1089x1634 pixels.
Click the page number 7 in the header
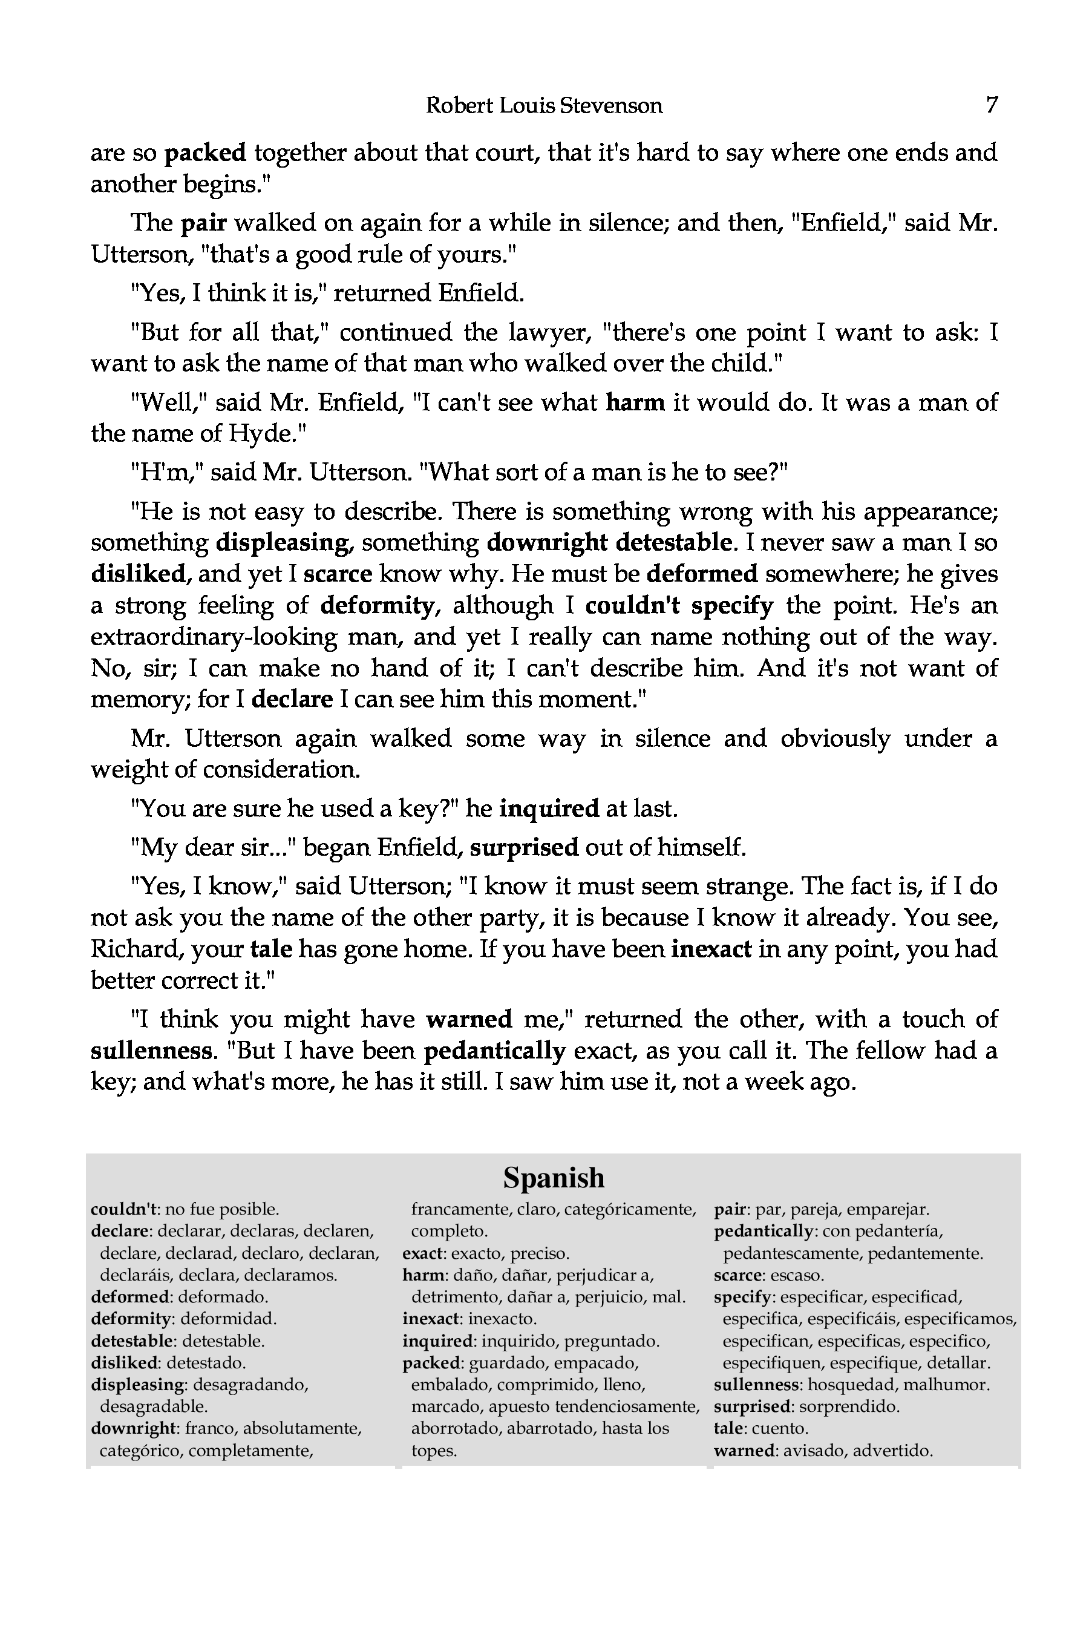(991, 105)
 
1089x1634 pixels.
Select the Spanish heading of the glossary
(554, 1178)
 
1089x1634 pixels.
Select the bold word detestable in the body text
(672, 542)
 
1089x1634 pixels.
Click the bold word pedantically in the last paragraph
(494, 1051)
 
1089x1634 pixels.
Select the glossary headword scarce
(737, 1276)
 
